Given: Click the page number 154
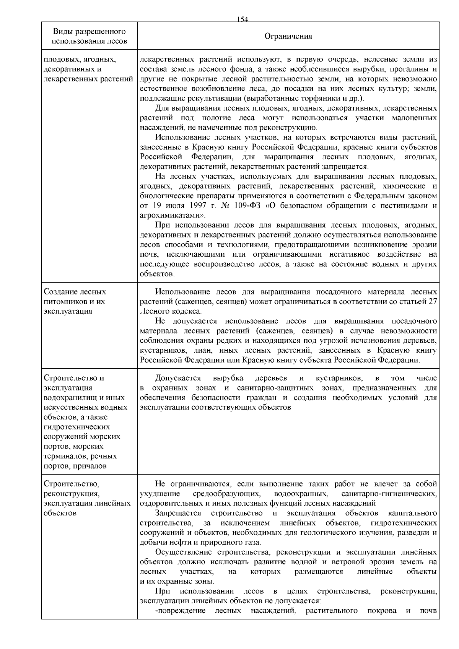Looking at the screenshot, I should [243, 20].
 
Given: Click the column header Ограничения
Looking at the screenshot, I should [288, 36].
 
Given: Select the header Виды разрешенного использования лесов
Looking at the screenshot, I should [89, 36].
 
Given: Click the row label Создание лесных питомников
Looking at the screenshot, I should [75, 297].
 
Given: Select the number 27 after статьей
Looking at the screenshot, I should [433, 302].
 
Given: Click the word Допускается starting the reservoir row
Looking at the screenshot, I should [178, 378].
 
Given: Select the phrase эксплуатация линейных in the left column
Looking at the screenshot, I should [87, 503].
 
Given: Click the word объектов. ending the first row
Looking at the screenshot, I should [157, 274].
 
